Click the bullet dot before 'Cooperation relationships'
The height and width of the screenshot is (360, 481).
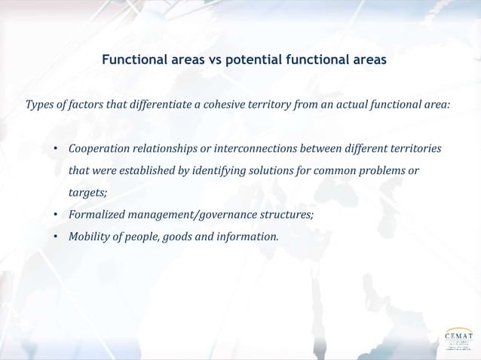56,148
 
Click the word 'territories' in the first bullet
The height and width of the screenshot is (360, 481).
414,147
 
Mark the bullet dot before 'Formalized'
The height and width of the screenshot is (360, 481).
56,215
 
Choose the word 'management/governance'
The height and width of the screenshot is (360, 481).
186,215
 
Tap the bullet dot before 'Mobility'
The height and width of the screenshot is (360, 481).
56,237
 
